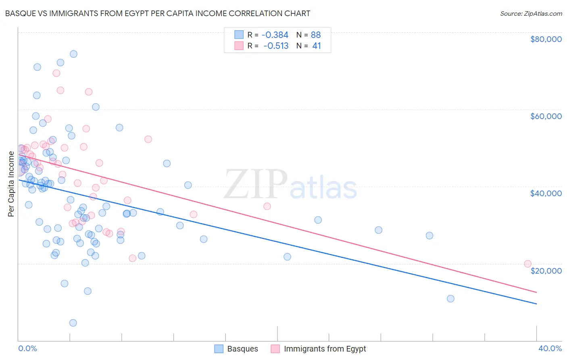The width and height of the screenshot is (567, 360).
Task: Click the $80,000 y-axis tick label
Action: coord(546,39)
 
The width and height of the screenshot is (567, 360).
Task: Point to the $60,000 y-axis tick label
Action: coord(546,116)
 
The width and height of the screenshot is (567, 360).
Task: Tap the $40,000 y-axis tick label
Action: coord(546,193)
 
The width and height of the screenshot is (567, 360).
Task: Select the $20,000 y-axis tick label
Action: coord(546,270)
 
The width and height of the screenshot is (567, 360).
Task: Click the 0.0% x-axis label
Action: coord(27,348)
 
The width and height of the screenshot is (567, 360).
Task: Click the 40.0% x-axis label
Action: coord(550,348)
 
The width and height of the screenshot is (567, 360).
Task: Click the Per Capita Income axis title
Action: coord(11,184)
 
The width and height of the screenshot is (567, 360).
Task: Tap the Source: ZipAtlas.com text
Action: coord(531,13)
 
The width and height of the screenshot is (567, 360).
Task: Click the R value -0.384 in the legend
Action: coord(275,35)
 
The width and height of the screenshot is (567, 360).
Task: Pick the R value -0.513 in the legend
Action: coord(276,46)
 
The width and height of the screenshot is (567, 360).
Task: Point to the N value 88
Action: coord(316,35)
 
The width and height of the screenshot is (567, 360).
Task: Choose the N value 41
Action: coord(317,46)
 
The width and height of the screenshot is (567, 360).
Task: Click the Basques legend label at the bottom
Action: coord(242,349)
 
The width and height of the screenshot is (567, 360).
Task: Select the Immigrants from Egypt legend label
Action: coord(325,349)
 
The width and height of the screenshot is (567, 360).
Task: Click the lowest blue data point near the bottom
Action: coord(73,323)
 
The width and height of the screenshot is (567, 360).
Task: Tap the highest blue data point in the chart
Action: coord(73,54)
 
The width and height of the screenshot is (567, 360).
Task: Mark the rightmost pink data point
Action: coord(527,264)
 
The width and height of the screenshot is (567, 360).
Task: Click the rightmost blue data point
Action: coord(450,299)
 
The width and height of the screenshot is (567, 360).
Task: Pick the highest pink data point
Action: coord(56,73)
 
